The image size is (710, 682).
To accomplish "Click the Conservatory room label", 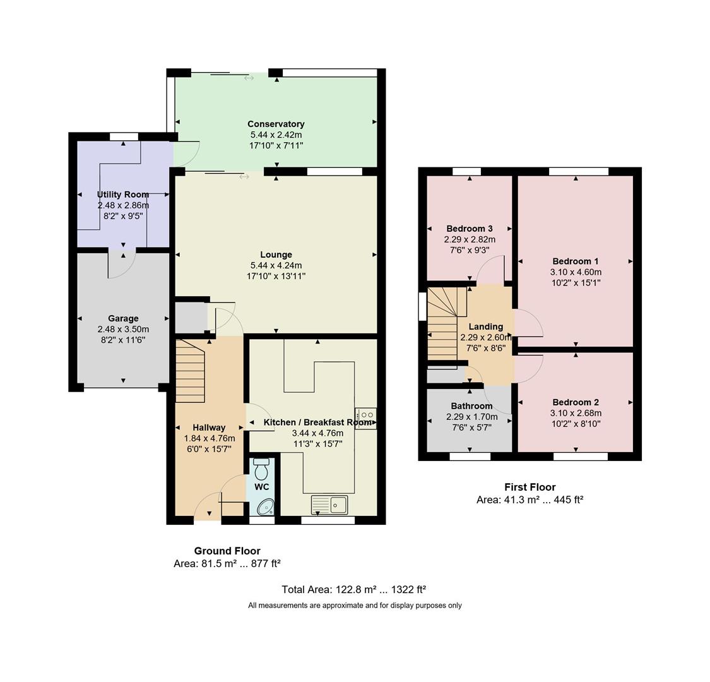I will (276, 124).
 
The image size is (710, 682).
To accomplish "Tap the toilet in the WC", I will (261, 470).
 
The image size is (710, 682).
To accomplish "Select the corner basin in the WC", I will (266, 506).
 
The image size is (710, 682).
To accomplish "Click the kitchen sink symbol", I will (329, 505).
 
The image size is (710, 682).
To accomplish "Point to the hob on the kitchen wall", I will (366, 419).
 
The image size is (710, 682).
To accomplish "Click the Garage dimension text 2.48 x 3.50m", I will (123, 330).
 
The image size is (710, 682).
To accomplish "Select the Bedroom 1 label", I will (575, 261).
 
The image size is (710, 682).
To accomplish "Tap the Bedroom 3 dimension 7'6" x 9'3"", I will (470, 250).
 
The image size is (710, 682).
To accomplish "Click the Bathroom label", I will (471, 406).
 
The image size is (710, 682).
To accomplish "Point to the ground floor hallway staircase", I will (190, 371).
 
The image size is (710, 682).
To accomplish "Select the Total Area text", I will (353, 589).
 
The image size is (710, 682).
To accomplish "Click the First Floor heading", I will (530, 487).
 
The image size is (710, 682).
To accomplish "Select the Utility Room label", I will (123, 194).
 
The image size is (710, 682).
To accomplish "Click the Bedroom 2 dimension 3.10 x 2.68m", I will (575, 413).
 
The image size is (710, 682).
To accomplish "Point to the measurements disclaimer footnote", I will (355, 605).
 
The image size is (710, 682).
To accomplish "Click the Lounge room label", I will (276, 254).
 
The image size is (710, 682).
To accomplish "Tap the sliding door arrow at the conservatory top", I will (249, 78).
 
